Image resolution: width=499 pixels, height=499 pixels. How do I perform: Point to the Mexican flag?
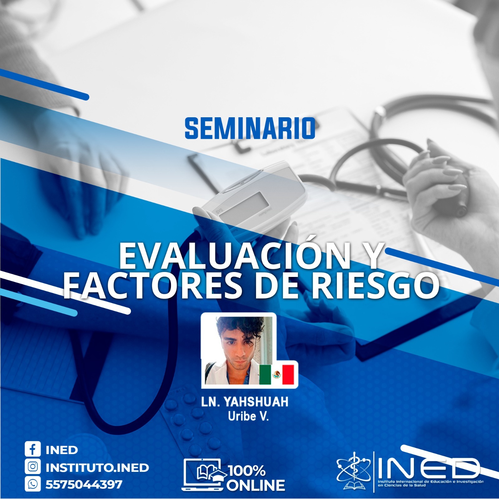[x=277, y=374]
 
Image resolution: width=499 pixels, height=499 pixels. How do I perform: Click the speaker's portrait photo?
[x=239, y=350]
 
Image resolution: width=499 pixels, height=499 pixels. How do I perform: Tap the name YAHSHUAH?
[x=257, y=402]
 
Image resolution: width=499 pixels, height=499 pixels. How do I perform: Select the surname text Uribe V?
[x=248, y=417]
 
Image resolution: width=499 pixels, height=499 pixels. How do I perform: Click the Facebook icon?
[x=33, y=449]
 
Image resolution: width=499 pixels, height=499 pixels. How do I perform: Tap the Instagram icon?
[x=33, y=467]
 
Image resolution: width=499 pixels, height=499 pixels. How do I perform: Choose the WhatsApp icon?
[x=33, y=484]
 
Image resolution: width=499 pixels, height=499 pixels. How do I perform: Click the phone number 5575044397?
[x=84, y=485]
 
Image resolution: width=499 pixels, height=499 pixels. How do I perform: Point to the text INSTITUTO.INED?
[x=97, y=467]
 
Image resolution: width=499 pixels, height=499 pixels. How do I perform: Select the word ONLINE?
[x=256, y=485]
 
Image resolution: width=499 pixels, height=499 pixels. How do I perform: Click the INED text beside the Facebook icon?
[x=62, y=450]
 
